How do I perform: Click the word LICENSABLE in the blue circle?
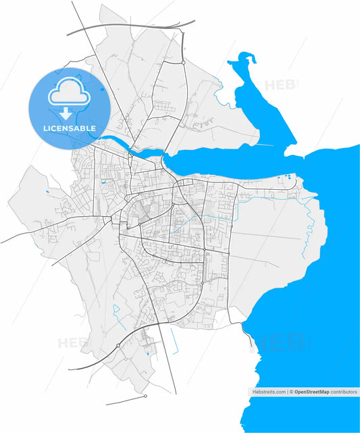69,128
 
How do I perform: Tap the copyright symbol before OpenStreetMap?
292,392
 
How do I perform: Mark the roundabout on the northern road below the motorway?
183,62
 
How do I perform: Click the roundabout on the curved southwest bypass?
118,345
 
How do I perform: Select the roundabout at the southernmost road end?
145,397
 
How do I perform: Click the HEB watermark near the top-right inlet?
278,86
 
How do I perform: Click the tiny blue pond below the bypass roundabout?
147,353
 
